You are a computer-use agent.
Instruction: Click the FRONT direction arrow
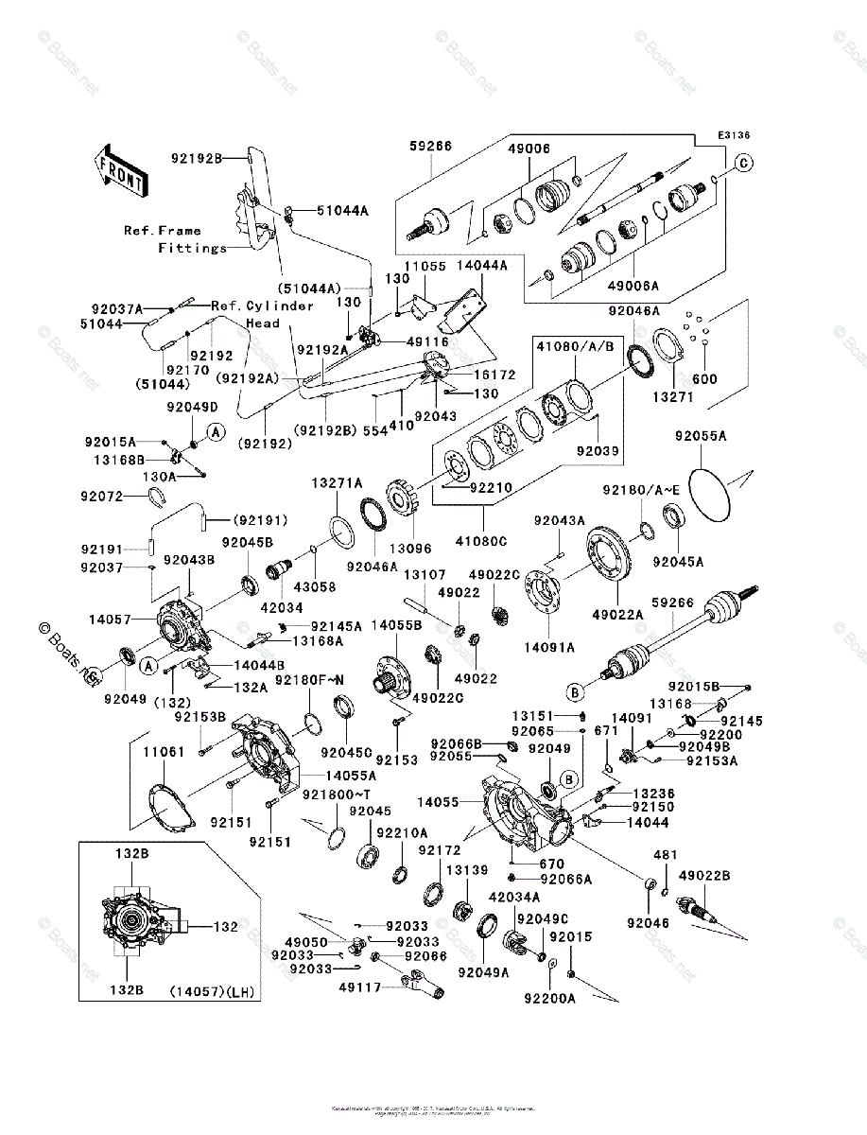(x=119, y=169)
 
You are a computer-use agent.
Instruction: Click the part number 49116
(x=426, y=340)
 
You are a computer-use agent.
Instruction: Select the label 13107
(x=425, y=575)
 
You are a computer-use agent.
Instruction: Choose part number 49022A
(x=618, y=614)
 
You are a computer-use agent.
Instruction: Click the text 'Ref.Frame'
(x=163, y=230)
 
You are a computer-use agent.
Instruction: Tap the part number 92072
(x=102, y=496)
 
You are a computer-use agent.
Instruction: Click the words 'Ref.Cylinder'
(x=262, y=306)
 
